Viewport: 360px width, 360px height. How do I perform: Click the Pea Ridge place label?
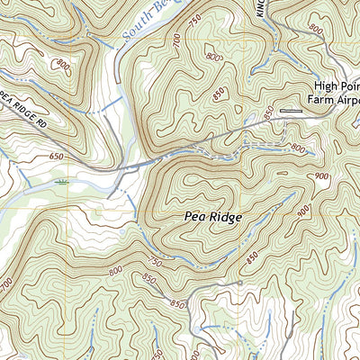tap(212, 217)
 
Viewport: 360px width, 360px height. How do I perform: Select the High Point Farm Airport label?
tap(336, 86)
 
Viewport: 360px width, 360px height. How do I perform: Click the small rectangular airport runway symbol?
tap(292, 111)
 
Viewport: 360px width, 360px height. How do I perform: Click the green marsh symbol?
tap(61, 182)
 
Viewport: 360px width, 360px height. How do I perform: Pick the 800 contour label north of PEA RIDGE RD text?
tap(62, 65)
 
